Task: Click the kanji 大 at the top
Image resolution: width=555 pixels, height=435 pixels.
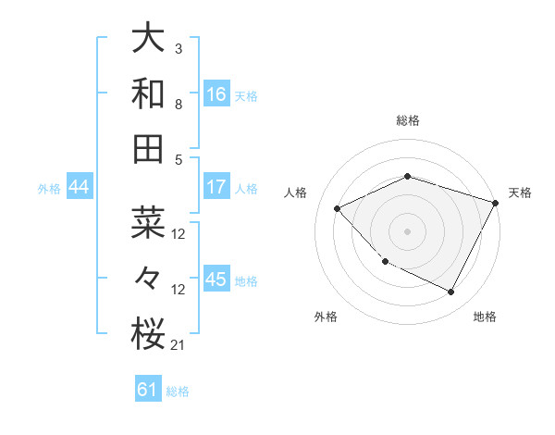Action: tap(149, 39)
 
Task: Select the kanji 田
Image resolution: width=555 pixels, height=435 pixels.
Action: tap(149, 147)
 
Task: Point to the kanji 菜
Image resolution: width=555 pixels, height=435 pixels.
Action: tap(149, 223)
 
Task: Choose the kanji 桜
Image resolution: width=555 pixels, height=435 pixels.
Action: tap(149, 334)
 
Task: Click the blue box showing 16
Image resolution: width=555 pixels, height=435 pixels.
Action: tap(216, 94)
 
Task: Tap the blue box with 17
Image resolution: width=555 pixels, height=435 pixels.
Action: tap(216, 187)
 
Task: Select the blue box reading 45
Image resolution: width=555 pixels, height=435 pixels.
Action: tap(216, 280)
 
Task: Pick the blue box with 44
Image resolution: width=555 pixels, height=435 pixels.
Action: tap(79, 188)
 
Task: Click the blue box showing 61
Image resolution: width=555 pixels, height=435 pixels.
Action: tap(148, 390)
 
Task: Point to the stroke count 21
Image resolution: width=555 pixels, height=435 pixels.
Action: tap(178, 345)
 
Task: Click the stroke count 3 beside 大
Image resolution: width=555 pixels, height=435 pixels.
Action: tap(178, 48)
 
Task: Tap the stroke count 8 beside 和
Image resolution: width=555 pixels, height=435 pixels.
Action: tap(178, 104)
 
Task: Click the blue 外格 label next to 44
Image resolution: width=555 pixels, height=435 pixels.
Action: tap(49, 189)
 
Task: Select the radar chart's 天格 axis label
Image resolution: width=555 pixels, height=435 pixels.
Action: tap(520, 193)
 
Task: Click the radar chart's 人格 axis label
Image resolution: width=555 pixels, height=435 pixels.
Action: tap(296, 193)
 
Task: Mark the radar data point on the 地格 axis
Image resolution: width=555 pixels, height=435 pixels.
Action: tap(451, 292)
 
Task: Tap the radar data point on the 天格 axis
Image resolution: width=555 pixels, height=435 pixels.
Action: tap(497, 203)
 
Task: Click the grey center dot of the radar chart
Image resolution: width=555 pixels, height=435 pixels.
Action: tap(407, 231)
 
